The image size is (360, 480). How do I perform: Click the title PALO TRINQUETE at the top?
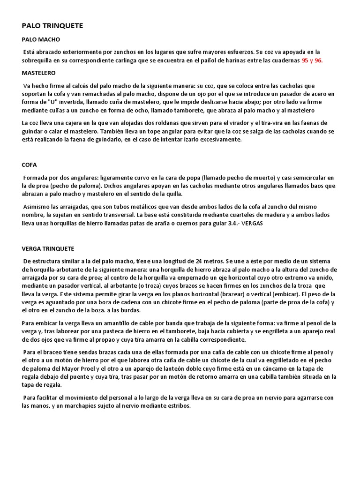[52, 26]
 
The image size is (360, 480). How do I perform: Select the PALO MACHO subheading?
[41, 39]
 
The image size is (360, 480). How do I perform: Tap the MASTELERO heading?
[39, 73]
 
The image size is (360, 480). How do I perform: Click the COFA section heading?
[29, 165]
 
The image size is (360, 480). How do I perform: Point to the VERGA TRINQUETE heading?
[48, 248]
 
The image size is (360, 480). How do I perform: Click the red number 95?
[306, 60]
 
